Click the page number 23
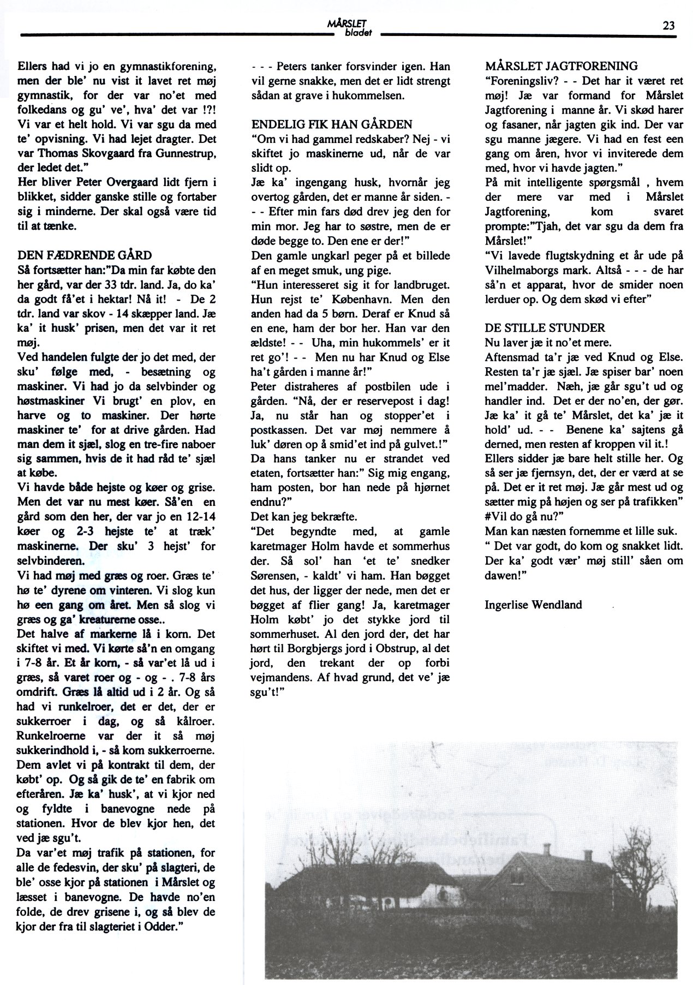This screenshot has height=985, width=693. coord(668,25)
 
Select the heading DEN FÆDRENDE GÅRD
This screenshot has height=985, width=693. coord(85,255)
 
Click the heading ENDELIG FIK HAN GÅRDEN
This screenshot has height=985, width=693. coord(332,124)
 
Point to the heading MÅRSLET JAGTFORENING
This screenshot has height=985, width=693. coord(561,67)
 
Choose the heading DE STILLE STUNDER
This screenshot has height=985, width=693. coord(545,328)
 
